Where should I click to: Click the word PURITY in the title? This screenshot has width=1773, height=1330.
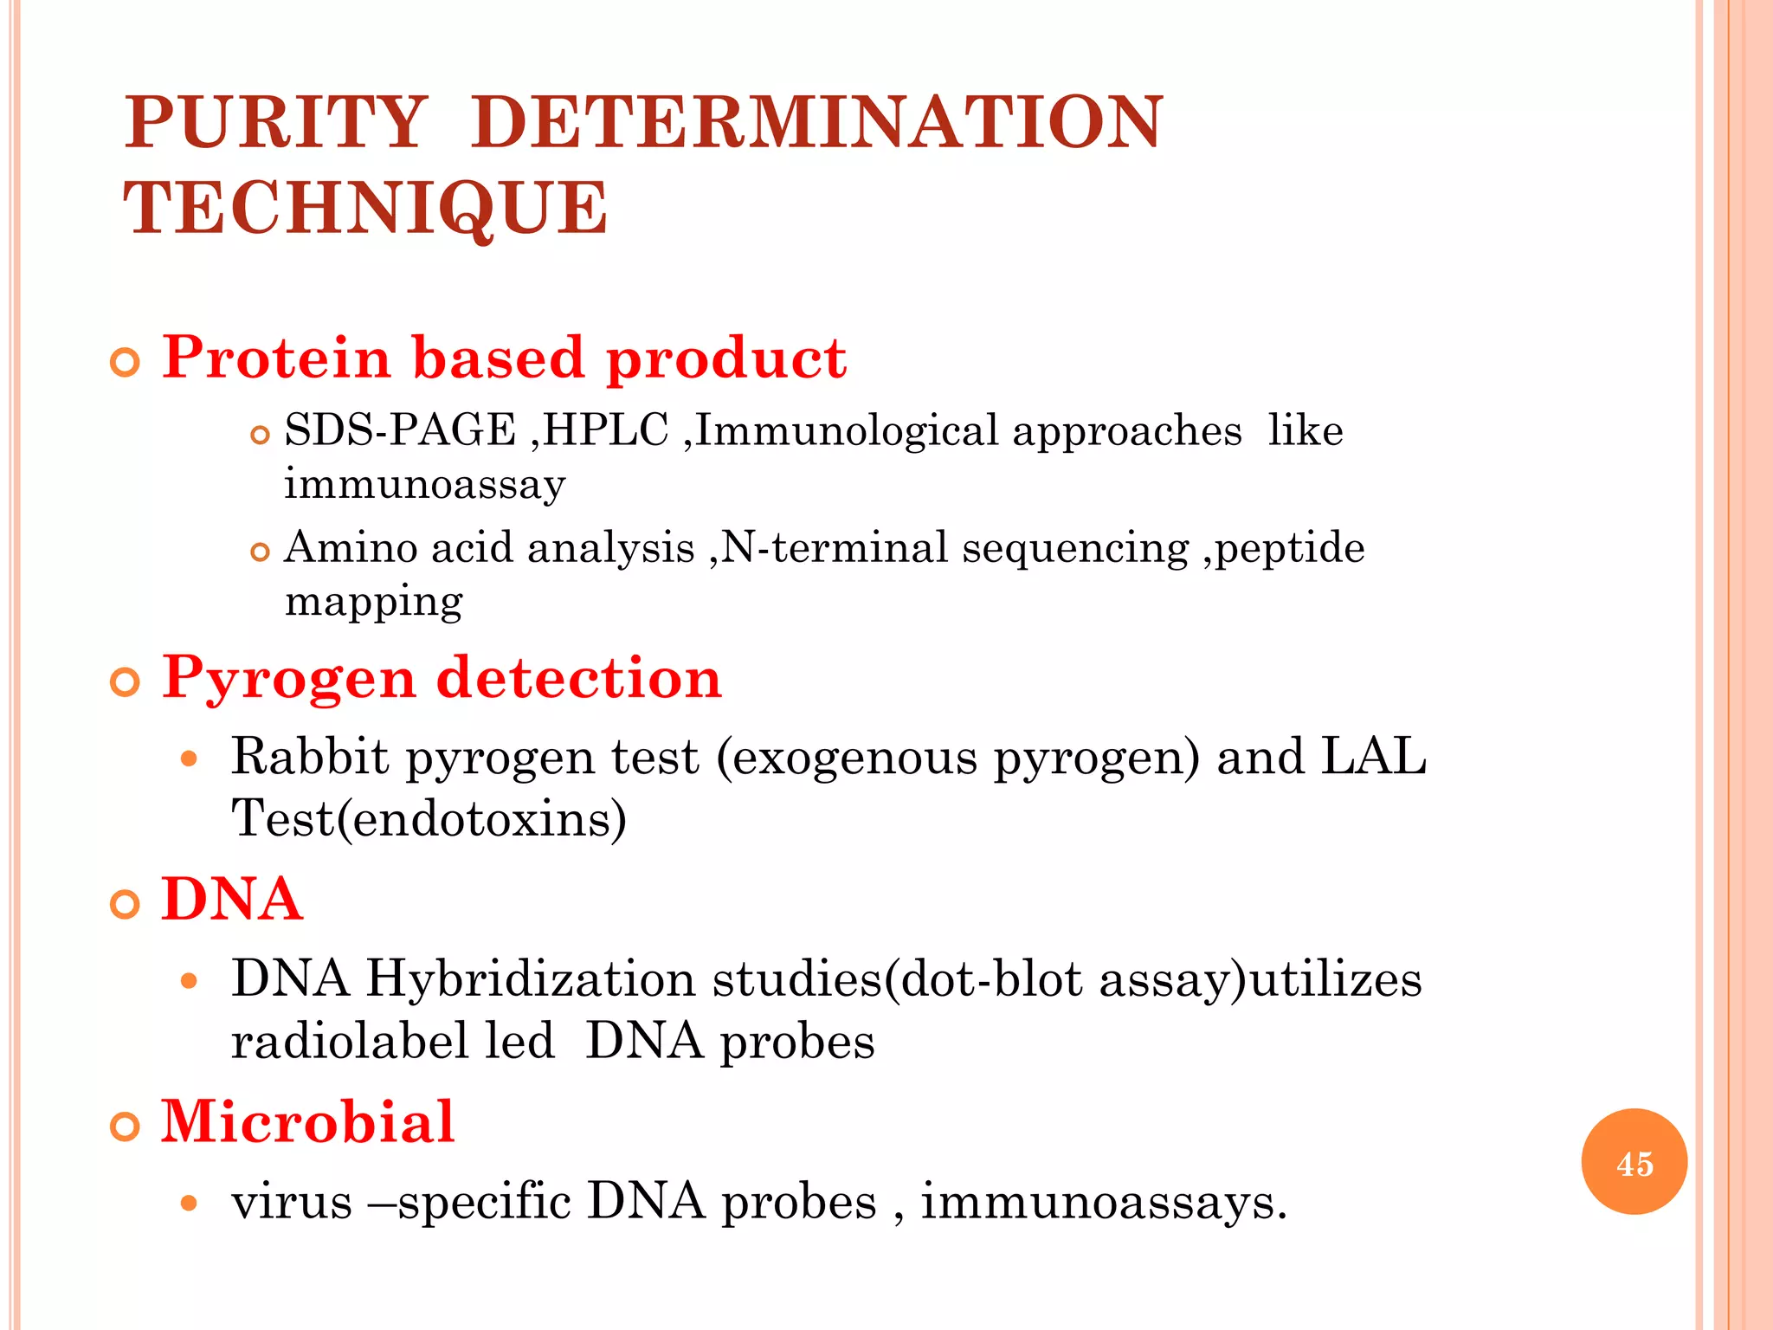point(275,122)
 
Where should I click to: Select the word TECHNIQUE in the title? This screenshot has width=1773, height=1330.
point(365,209)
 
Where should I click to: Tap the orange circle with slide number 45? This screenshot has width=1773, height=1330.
point(1634,1162)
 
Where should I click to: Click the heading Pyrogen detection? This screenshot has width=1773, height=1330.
point(442,678)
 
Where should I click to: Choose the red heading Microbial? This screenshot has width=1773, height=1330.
point(307,1122)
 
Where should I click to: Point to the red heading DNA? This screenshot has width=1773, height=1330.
point(232,900)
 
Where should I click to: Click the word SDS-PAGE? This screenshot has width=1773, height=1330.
point(400,430)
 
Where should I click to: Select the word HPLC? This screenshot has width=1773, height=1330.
point(606,430)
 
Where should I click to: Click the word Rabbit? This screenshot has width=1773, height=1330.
point(310,757)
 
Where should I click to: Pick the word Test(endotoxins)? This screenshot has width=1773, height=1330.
point(429,818)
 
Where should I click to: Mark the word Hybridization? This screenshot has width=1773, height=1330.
point(530,979)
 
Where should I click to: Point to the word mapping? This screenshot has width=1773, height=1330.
point(374,602)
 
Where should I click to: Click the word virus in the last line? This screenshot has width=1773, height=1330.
point(292,1202)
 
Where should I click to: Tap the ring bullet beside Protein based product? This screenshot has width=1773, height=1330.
point(126,363)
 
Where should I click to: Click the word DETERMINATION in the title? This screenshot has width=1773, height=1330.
point(817,122)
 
